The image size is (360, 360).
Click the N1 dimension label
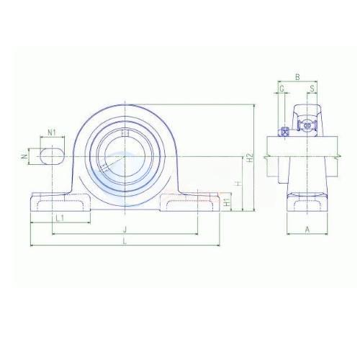click(x=52, y=132)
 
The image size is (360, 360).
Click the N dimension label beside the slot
click(x=24, y=156)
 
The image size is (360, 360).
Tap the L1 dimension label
click(x=60, y=218)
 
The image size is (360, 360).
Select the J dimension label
click(x=125, y=230)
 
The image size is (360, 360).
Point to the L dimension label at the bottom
click(x=125, y=241)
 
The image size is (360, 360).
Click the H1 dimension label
click(x=227, y=202)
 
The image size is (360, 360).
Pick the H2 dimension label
click(x=250, y=158)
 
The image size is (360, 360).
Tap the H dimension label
click(x=238, y=184)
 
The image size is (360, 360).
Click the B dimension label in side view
click(x=297, y=77)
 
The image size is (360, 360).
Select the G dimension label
click(x=282, y=89)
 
